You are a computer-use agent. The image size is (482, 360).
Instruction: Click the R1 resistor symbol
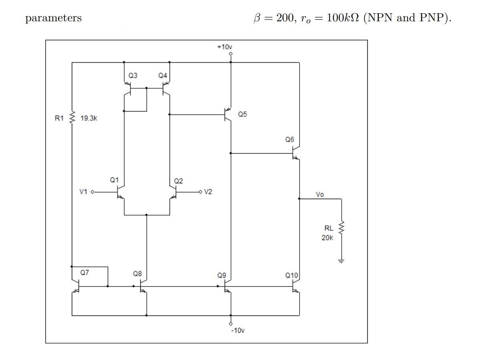tap(72, 119)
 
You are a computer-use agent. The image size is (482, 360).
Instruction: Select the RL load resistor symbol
tap(341, 228)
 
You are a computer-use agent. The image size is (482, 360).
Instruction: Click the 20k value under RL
tap(327, 238)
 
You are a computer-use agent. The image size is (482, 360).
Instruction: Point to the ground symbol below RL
tap(341, 261)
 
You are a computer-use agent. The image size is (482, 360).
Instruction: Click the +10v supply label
tap(225, 47)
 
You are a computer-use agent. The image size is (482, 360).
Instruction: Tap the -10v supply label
tap(237, 331)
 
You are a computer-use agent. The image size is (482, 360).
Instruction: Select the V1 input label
tap(83, 192)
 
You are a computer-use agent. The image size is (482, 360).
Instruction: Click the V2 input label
tap(208, 192)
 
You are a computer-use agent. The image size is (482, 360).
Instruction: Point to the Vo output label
tap(320, 194)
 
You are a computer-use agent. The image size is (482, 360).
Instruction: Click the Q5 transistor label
tap(242, 114)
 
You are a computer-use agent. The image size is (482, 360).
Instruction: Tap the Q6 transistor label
tap(290, 140)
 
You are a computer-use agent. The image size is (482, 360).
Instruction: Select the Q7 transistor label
tap(84, 273)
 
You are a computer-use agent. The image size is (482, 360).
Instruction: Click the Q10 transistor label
tap(292, 275)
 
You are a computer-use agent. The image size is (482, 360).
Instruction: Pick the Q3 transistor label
tap(133, 75)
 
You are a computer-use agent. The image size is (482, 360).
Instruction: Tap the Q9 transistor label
tap(221, 275)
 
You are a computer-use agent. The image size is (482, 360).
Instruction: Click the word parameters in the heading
tap(53, 18)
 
